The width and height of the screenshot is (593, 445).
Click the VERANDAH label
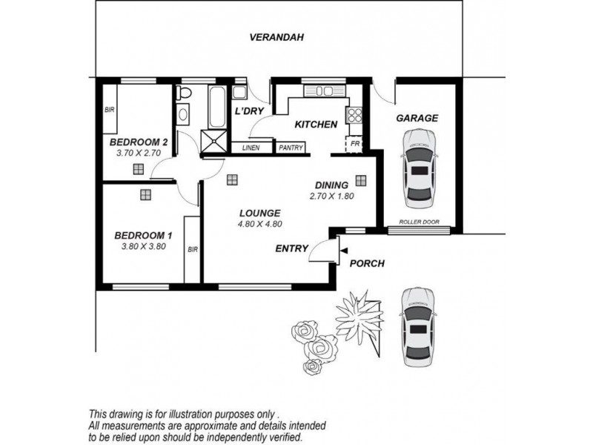276,37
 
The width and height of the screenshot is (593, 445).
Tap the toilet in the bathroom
185,92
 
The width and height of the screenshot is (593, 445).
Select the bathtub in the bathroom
217,107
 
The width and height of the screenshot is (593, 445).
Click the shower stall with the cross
214,142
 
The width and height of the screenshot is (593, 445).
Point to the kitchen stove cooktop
354,115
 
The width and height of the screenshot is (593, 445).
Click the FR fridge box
354,144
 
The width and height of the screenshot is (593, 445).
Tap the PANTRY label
291,148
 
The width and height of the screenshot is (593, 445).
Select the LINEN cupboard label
251,148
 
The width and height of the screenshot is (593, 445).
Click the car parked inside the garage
418,168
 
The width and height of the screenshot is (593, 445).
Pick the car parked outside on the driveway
417,327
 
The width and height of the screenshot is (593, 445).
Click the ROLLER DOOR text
419,222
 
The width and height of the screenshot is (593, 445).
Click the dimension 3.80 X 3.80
143,246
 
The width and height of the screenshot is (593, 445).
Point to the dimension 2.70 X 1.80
331,196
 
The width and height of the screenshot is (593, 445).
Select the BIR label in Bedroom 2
109,110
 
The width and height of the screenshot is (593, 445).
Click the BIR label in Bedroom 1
193,250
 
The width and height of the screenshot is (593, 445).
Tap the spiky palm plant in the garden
360,317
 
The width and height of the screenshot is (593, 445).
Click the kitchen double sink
325,91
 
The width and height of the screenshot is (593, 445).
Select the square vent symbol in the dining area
361,180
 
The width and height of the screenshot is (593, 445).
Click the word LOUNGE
260,213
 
